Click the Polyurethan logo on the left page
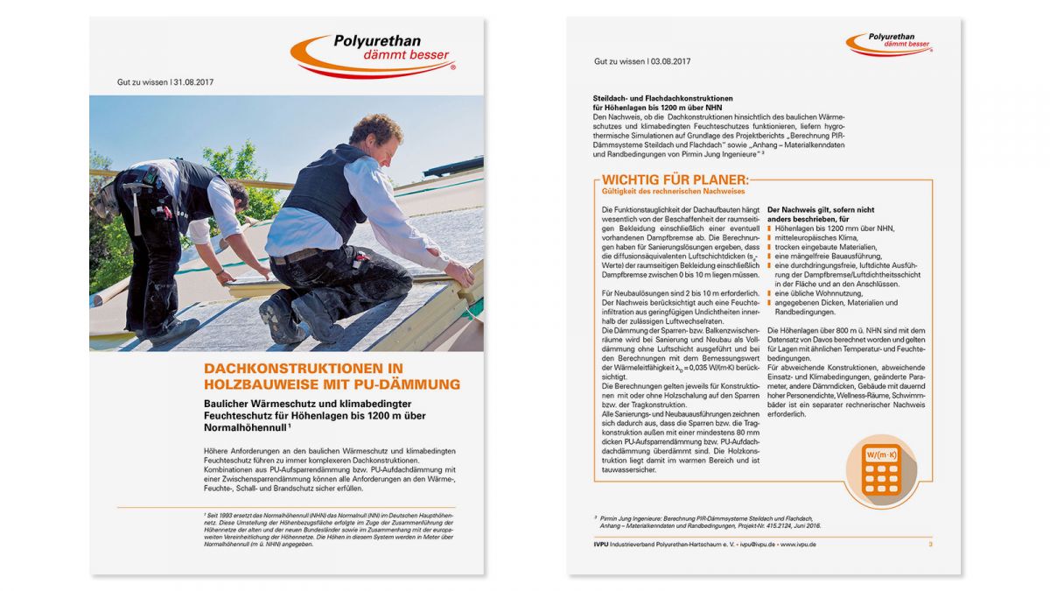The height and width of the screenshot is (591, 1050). click(371, 54)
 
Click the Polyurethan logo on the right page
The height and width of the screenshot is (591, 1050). click(889, 44)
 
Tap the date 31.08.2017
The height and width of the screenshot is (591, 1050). click(193, 82)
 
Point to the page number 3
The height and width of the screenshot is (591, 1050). click(930, 545)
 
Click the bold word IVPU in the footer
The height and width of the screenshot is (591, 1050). click(604, 545)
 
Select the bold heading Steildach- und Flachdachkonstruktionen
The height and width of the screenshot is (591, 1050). click(662, 98)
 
